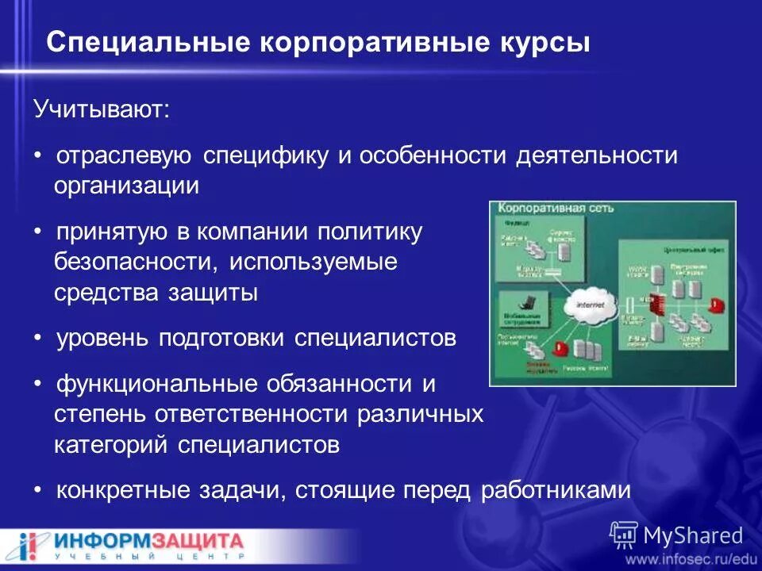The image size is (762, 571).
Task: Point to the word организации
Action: (126, 186)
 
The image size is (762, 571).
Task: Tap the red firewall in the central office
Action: (655, 304)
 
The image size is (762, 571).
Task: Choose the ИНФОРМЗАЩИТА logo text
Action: (148, 542)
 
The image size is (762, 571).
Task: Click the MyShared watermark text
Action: (692, 535)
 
